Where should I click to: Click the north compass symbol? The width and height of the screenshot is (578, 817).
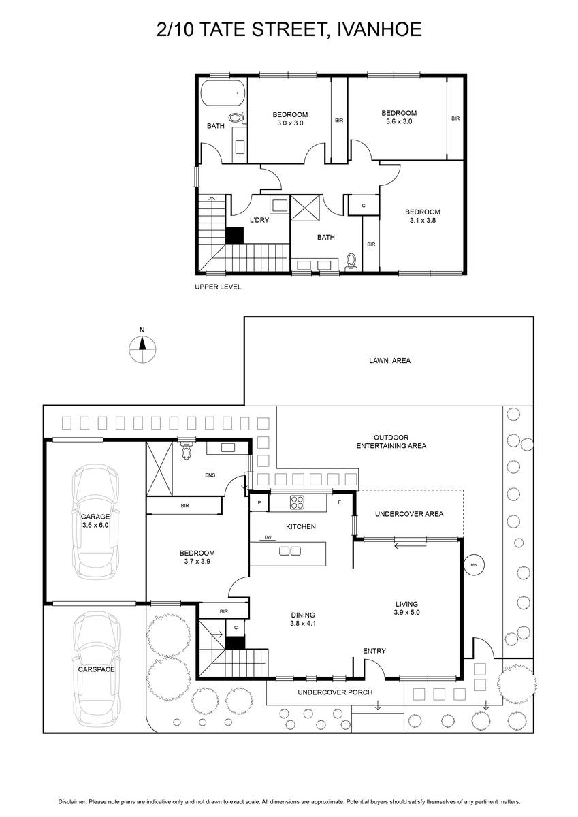(142, 349)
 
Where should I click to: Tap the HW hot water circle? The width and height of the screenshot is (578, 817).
(474, 565)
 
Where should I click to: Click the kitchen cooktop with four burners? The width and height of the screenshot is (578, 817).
(298, 502)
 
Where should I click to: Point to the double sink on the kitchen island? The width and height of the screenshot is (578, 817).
(290, 551)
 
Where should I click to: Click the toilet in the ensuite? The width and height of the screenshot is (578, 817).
(187, 450)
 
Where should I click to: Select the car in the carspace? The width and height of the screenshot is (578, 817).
(96, 670)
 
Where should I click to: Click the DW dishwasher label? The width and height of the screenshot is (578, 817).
(268, 537)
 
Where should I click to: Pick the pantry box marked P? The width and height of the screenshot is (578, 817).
(259, 502)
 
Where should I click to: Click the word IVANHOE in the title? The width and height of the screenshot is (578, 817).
(380, 29)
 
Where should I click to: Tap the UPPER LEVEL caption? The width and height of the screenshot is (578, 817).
(218, 287)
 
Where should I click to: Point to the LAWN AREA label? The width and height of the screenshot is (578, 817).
(390, 360)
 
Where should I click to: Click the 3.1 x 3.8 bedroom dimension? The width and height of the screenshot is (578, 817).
(423, 221)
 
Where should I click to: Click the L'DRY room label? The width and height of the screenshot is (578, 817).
(259, 220)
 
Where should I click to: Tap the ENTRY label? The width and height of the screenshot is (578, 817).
(374, 651)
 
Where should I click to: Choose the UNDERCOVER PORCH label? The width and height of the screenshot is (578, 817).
(335, 692)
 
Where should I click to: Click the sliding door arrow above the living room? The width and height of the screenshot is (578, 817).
(411, 545)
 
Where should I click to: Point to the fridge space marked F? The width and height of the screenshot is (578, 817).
(339, 502)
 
